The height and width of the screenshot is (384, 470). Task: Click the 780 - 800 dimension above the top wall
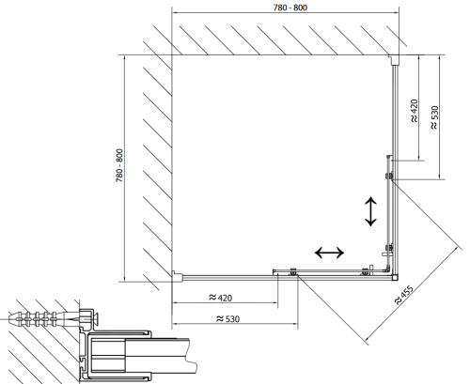point(290,8)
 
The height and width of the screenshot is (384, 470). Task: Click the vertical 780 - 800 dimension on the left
point(119,165)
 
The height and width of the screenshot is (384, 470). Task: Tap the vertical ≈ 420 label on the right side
point(414,111)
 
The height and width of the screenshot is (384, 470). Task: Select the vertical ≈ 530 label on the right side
point(434,117)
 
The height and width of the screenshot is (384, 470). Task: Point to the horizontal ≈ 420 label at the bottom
point(221,298)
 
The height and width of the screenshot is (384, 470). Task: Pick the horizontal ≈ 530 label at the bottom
point(227,319)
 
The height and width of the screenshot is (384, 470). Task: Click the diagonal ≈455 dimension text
point(404,294)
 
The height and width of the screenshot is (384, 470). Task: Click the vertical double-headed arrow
point(370,211)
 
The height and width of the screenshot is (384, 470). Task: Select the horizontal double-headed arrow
point(329,253)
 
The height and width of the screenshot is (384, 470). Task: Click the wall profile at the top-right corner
point(394,60)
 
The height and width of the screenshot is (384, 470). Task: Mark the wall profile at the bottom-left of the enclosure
point(177,276)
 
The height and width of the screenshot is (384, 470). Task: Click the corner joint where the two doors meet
point(395,277)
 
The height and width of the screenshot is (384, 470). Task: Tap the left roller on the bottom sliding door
point(293,271)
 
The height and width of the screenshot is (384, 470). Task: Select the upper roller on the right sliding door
point(389,176)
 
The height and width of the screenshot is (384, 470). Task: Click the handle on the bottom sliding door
point(371,269)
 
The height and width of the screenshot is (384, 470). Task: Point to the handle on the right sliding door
point(386,251)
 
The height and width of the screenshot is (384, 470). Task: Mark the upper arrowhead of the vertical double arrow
point(370,200)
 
